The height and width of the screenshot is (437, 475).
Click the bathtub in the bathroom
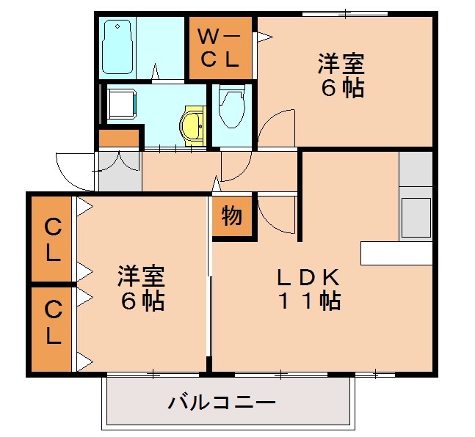coord(117,47)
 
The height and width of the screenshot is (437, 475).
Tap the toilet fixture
coord(232,107)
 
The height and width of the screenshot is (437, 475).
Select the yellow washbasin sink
coord(192,124)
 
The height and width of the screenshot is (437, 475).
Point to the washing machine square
coord(120,103)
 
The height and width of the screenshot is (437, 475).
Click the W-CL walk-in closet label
coord(220,48)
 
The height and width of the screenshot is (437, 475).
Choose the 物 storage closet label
coord(231,217)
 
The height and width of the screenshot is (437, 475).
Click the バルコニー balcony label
coord(221,403)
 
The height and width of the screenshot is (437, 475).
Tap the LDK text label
coord(308,277)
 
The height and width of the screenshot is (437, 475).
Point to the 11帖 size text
coord(308,301)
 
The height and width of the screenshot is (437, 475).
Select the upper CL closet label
coord(52,239)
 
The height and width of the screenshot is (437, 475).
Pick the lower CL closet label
coord(52,323)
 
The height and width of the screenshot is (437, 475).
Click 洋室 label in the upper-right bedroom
coord(341,65)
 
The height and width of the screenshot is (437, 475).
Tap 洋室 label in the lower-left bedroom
coord(142,277)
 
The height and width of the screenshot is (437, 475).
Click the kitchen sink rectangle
coord(416,217)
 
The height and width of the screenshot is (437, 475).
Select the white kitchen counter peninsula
coord(396,253)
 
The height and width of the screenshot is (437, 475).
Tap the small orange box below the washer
coord(119,137)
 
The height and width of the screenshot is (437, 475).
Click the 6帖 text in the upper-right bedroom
coord(341,88)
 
